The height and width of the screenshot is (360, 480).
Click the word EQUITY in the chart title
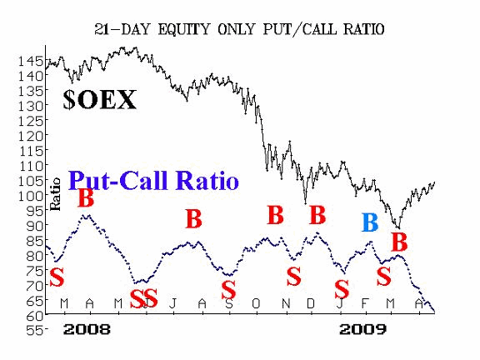[183, 30]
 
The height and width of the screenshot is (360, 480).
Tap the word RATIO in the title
[363, 30]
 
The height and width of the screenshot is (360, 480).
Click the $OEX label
[99, 100]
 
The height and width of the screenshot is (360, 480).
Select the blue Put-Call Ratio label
[153, 181]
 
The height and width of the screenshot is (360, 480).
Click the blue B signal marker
[370, 222]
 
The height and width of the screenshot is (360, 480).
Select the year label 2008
[87, 330]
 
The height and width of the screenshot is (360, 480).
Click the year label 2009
[363, 330]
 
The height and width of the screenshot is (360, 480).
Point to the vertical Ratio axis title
[55, 194]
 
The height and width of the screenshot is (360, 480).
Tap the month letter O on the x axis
[256, 304]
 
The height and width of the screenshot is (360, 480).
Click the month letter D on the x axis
[311, 304]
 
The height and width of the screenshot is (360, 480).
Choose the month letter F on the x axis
[364, 304]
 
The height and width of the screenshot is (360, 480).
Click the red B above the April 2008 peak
[86, 198]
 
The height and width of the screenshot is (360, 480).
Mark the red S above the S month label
[228, 290]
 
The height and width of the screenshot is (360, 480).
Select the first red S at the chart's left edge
[57, 277]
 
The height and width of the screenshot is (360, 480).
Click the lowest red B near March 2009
[399, 242]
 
